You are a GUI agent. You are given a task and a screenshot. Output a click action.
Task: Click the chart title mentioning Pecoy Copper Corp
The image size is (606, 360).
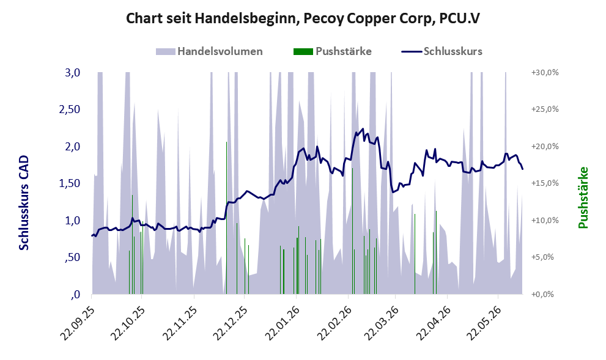pyautogui.click(x=303, y=18)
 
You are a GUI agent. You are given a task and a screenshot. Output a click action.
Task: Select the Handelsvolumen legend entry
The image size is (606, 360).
pyautogui.click(x=209, y=51)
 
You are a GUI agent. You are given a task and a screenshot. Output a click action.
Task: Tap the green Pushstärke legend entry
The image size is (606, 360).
pyautogui.click(x=333, y=51)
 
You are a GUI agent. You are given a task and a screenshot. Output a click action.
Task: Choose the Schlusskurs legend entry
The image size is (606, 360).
pyautogui.click(x=442, y=51)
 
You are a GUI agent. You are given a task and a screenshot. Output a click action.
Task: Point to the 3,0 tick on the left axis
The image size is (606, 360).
pyautogui.click(x=73, y=73)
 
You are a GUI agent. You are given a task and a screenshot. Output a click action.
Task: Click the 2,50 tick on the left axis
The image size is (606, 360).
pyautogui.click(x=70, y=109)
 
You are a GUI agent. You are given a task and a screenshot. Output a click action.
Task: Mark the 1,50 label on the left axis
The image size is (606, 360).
pyautogui.click(x=70, y=183)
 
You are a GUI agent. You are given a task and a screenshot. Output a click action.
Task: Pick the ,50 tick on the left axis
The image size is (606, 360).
pyautogui.click(x=73, y=258)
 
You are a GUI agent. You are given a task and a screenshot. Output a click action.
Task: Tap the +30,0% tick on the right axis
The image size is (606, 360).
pyautogui.click(x=545, y=73)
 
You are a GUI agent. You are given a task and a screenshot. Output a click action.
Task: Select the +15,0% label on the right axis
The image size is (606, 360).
pyautogui.click(x=545, y=183)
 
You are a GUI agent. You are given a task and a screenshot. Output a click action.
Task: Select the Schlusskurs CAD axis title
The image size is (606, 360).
pyautogui.click(x=24, y=202)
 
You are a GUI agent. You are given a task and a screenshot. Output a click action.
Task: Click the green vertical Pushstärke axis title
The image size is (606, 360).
pyautogui.click(x=583, y=198)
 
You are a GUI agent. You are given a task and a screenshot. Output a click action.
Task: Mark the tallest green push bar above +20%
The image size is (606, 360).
pyautogui.click(x=226, y=218)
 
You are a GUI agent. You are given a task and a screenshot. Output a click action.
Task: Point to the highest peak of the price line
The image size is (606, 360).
pyautogui.click(x=363, y=128)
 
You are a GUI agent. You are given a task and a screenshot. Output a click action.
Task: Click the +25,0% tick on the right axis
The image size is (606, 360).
pyautogui.click(x=545, y=109)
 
